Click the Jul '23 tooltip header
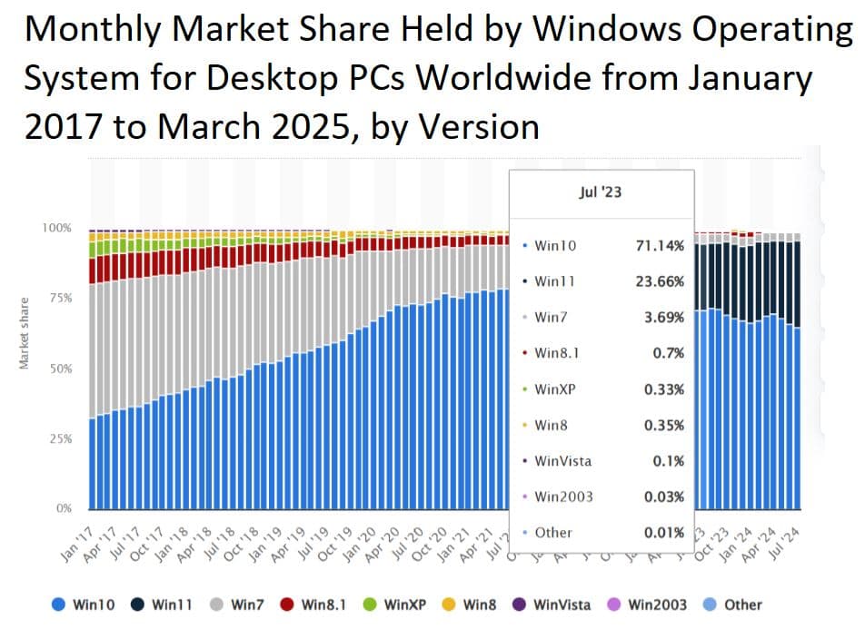click(602, 192)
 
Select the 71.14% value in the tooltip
click(659, 245)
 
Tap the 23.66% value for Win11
click(659, 281)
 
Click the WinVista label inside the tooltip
click(562, 460)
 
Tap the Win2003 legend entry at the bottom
click(648, 604)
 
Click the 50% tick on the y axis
click(59, 369)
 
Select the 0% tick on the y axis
click(63, 508)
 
